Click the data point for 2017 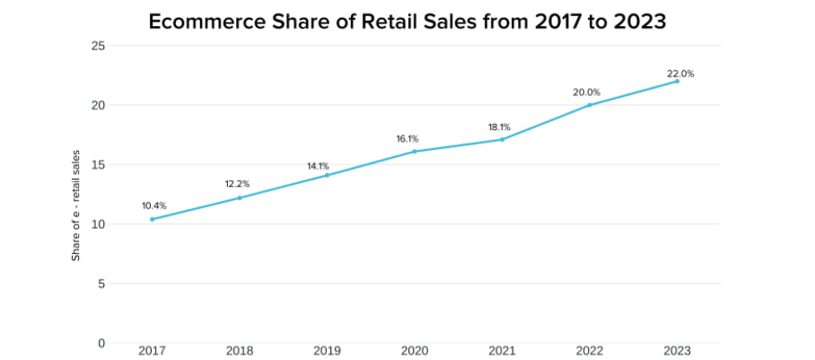(152, 219)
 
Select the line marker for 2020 (415, 152)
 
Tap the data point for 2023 (677, 81)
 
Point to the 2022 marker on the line (590, 105)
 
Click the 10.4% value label (153, 206)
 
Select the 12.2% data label (238, 184)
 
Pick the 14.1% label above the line (318, 166)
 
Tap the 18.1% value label (500, 127)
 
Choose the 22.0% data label (680, 74)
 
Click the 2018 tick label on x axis (239, 350)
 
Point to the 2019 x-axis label (327, 350)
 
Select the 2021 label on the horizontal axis (502, 350)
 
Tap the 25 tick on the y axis (99, 46)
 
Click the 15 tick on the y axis (99, 164)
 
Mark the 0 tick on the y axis (101, 343)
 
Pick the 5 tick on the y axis (101, 284)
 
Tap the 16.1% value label (407, 139)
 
